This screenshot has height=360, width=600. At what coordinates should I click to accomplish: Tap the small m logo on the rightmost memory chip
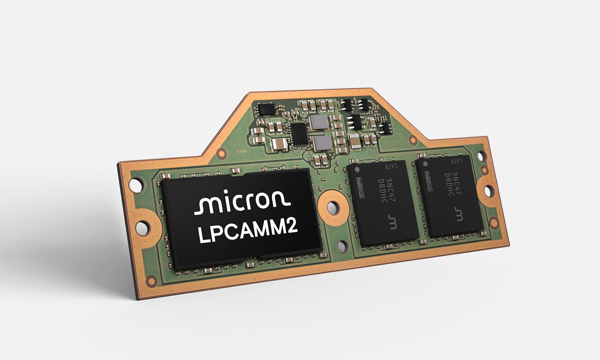(x=459, y=215)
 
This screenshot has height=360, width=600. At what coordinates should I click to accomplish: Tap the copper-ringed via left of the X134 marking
(x=221, y=152)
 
